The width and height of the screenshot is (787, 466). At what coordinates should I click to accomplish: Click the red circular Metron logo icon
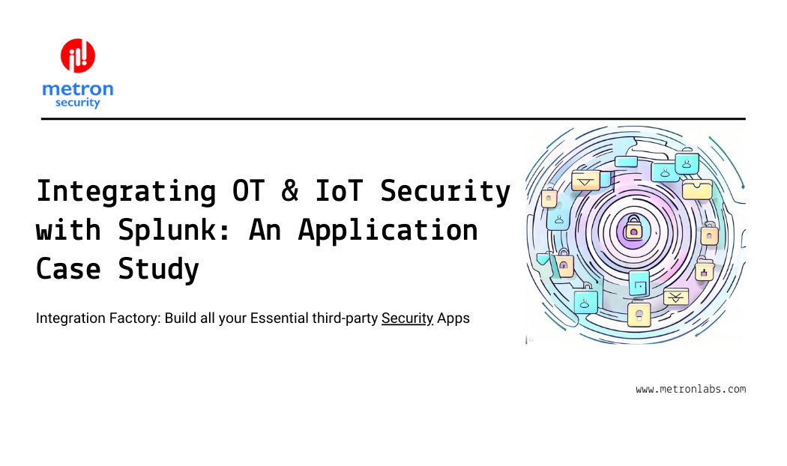[x=78, y=55]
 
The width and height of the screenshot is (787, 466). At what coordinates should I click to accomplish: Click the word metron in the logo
[x=78, y=89]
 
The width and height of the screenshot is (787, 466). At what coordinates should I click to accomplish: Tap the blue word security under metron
[x=78, y=103]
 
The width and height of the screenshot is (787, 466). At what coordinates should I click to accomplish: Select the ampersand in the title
[x=289, y=190]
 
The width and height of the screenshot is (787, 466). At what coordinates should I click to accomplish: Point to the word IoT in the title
[x=339, y=190]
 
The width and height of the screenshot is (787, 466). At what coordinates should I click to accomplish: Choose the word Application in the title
[x=388, y=231]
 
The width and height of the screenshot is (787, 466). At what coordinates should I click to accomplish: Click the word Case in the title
[x=68, y=269]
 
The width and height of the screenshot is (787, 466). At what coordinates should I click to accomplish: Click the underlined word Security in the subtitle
[x=407, y=318]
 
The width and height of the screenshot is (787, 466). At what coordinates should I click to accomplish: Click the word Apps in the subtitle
[x=453, y=318]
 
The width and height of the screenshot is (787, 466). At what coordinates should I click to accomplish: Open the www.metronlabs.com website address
[x=690, y=389]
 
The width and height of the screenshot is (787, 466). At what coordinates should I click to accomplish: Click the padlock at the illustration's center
[x=633, y=229]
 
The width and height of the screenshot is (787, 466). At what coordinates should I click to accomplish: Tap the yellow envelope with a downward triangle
[x=585, y=181]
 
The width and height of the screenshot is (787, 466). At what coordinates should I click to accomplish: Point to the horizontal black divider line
[x=393, y=119]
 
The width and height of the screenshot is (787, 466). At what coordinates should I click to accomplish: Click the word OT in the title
[x=248, y=190]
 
